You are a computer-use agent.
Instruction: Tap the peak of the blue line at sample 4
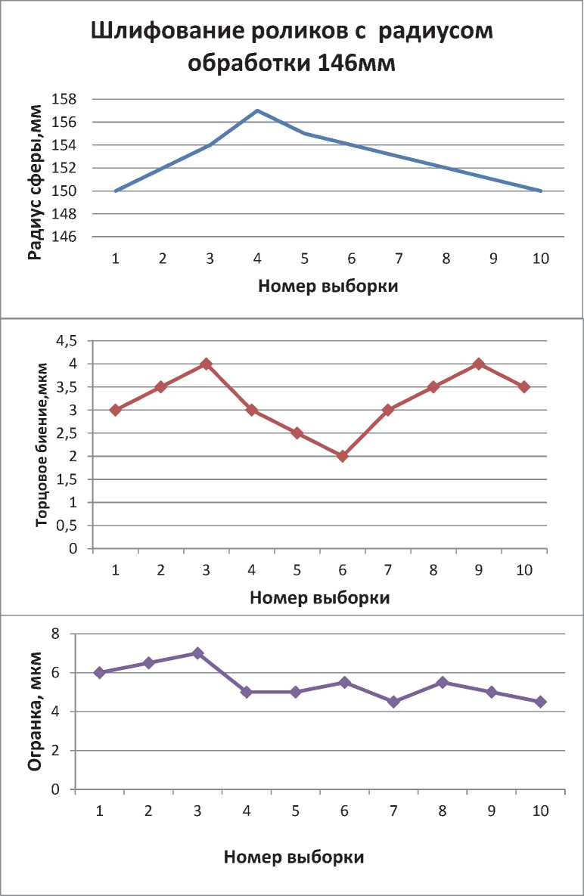pos(257,110)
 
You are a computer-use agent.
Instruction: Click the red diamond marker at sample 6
pos(343,456)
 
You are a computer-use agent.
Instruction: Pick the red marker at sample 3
pos(206,364)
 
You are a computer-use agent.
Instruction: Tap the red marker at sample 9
pos(478,364)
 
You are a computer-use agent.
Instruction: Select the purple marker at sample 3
pos(197,653)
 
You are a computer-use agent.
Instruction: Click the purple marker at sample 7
pos(393,702)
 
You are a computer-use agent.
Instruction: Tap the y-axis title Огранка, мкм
pos(35,712)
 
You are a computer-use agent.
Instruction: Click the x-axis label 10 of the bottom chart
pos(540,811)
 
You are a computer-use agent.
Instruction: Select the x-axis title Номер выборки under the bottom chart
pos(294,857)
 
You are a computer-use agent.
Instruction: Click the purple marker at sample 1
pos(99,672)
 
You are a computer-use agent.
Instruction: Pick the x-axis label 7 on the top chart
pos(399,259)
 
